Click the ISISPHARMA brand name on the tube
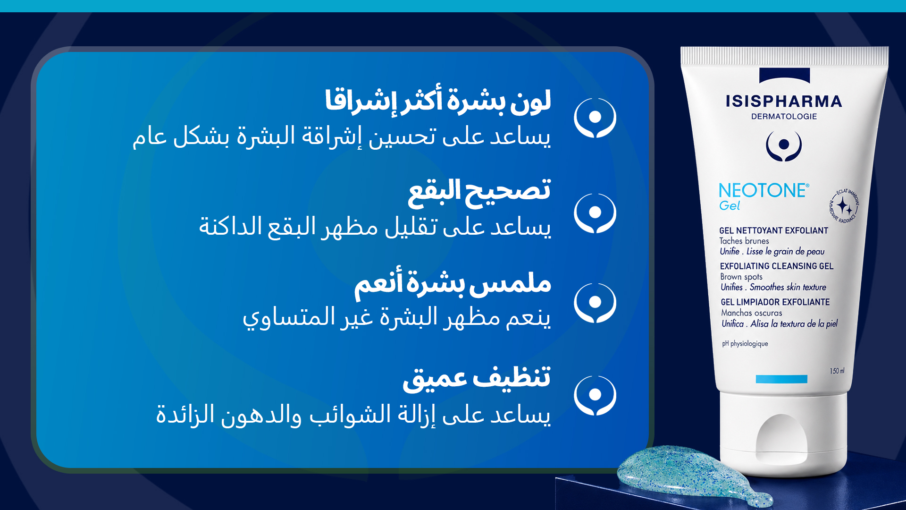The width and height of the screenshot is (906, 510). click(x=784, y=101)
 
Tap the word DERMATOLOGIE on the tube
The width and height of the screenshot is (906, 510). click(x=784, y=116)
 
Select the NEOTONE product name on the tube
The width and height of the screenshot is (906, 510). click(x=763, y=190)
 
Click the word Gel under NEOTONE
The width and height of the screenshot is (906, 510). click(x=730, y=206)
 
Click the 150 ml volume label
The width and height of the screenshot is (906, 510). click(x=837, y=371)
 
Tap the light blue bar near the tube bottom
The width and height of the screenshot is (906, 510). click(x=781, y=379)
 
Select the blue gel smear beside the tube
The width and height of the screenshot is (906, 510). click(x=689, y=472)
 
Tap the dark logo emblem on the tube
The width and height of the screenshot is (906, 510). click(x=784, y=145)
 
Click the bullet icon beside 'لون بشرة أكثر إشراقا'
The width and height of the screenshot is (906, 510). click(x=595, y=118)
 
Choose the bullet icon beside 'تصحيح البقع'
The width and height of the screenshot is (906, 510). click(x=595, y=213)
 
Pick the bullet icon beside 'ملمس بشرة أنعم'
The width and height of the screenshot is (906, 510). click(x=595, y=303)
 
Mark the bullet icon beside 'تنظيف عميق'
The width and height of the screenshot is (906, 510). click(x=595, y=395)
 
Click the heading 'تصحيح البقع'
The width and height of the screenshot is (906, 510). click(x=479, y=193)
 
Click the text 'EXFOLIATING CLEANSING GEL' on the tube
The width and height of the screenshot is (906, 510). click(x=777, y=266)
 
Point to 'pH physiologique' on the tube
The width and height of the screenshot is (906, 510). click(x=745, y=344)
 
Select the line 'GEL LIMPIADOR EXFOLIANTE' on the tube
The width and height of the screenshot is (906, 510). click(x=775, y=302)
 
